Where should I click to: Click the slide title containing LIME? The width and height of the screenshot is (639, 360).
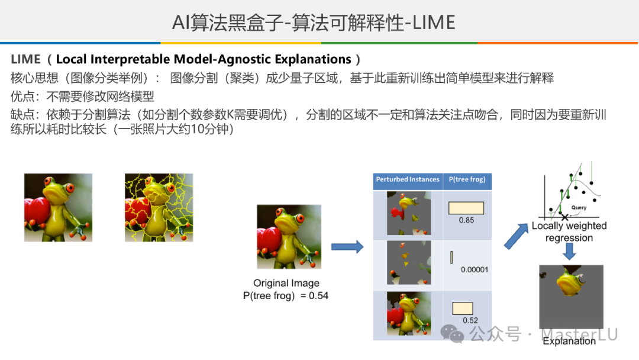pos(314,22)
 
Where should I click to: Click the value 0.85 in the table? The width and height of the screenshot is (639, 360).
pos(466,220)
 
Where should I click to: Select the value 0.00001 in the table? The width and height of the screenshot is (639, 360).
pos(475,269)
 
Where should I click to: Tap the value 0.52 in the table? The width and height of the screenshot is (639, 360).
pos(470,320)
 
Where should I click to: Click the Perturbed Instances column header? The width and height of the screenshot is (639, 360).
pos(408,179)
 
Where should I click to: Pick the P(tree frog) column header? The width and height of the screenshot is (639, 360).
pos(467,179)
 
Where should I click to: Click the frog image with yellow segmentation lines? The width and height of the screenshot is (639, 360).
pos(159,207)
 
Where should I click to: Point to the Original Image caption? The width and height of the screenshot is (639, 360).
pos(286,283)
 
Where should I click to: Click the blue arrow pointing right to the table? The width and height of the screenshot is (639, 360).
pos(347,247)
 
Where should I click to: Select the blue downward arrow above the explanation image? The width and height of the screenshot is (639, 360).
pos(569,252)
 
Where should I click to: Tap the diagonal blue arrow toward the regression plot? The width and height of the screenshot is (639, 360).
pos(516,236)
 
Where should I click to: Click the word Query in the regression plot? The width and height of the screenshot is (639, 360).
pos(579,207)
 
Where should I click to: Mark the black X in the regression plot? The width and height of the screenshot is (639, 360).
pos(564,217)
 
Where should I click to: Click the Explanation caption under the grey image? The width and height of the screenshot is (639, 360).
pos(569,341)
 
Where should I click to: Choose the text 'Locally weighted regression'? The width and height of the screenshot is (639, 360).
pos(569,232)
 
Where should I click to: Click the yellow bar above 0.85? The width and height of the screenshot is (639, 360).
pos(466,208)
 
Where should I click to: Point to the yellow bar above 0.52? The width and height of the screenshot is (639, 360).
pos(463,308)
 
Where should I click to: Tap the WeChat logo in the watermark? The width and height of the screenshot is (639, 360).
pos(453,333)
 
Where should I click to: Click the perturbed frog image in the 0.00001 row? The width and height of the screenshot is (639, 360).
pos(409,262)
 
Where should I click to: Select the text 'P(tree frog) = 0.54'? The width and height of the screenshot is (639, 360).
pos(286,295)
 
